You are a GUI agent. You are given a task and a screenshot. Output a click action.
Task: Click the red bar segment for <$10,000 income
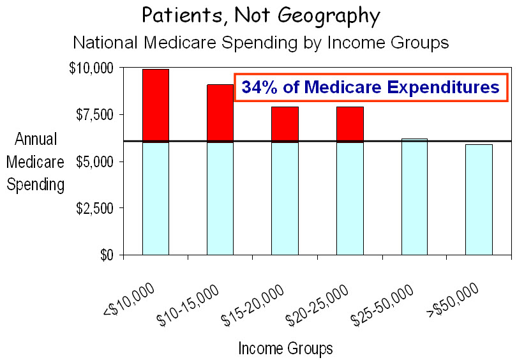coord(155,105)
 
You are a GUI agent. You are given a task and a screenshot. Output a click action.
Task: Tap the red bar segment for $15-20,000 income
coord(285,124)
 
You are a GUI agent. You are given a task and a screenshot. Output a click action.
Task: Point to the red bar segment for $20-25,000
coord(350,124)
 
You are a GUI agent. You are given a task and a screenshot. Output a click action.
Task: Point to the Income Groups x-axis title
coord(285,349)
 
